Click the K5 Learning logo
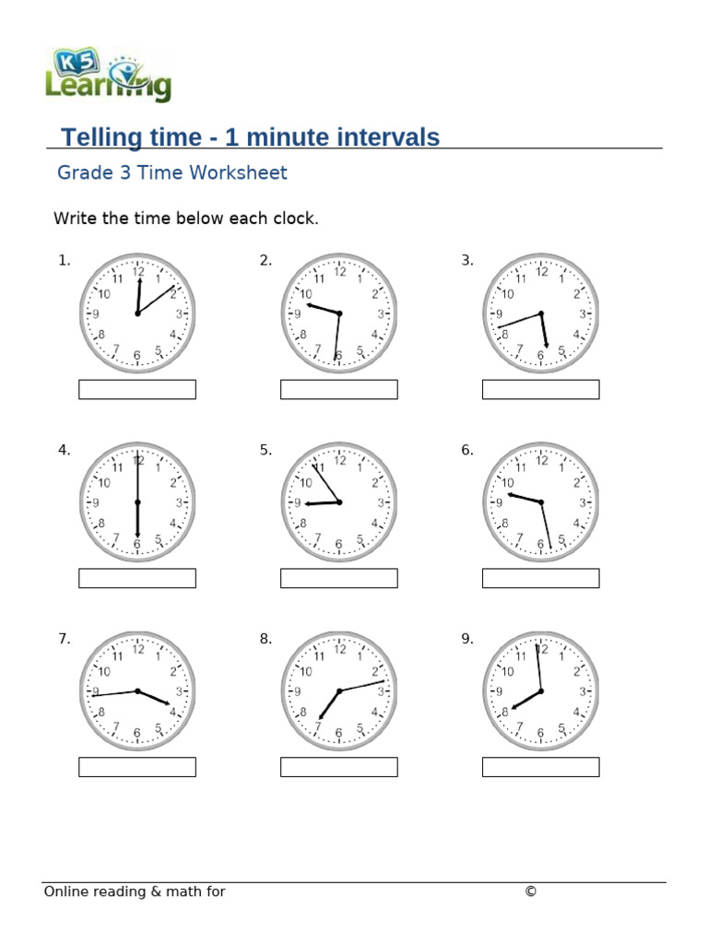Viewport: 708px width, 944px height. (x=108, y=76)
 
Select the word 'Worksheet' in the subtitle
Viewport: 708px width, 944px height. (x=244, y=172)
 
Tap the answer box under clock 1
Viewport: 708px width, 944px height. (x=137, y=390)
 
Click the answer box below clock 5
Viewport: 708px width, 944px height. (x=338, y=578)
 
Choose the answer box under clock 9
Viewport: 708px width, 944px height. (x=540, y=767)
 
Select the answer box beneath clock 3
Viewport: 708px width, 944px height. (x=540, y=390)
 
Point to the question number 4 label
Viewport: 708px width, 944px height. (x=64, y=451)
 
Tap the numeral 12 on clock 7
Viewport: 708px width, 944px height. (x=138, y=650)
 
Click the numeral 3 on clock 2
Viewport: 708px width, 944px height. (x=381, y=314)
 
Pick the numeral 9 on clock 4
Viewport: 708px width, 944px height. (x=96, y=503)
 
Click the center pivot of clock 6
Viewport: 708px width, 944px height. (x=541, y=502)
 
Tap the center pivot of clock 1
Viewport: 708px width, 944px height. (x=137, y=313)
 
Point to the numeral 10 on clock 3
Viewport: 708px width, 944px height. (x=507, y=294)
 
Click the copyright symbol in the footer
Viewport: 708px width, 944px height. (x=530, y=891)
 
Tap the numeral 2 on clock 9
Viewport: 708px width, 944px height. (x=576, y=672)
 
